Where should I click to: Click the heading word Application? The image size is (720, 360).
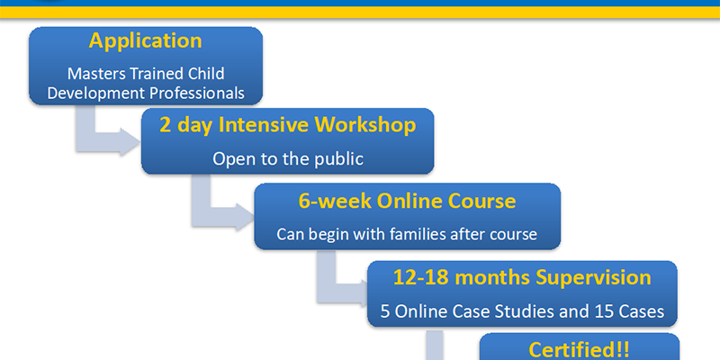145,41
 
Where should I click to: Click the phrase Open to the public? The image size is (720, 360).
288,159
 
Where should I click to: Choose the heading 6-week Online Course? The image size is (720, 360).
407,201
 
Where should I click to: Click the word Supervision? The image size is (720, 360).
593,277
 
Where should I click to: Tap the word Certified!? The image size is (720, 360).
579,350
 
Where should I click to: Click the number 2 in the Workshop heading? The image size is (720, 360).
166,125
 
